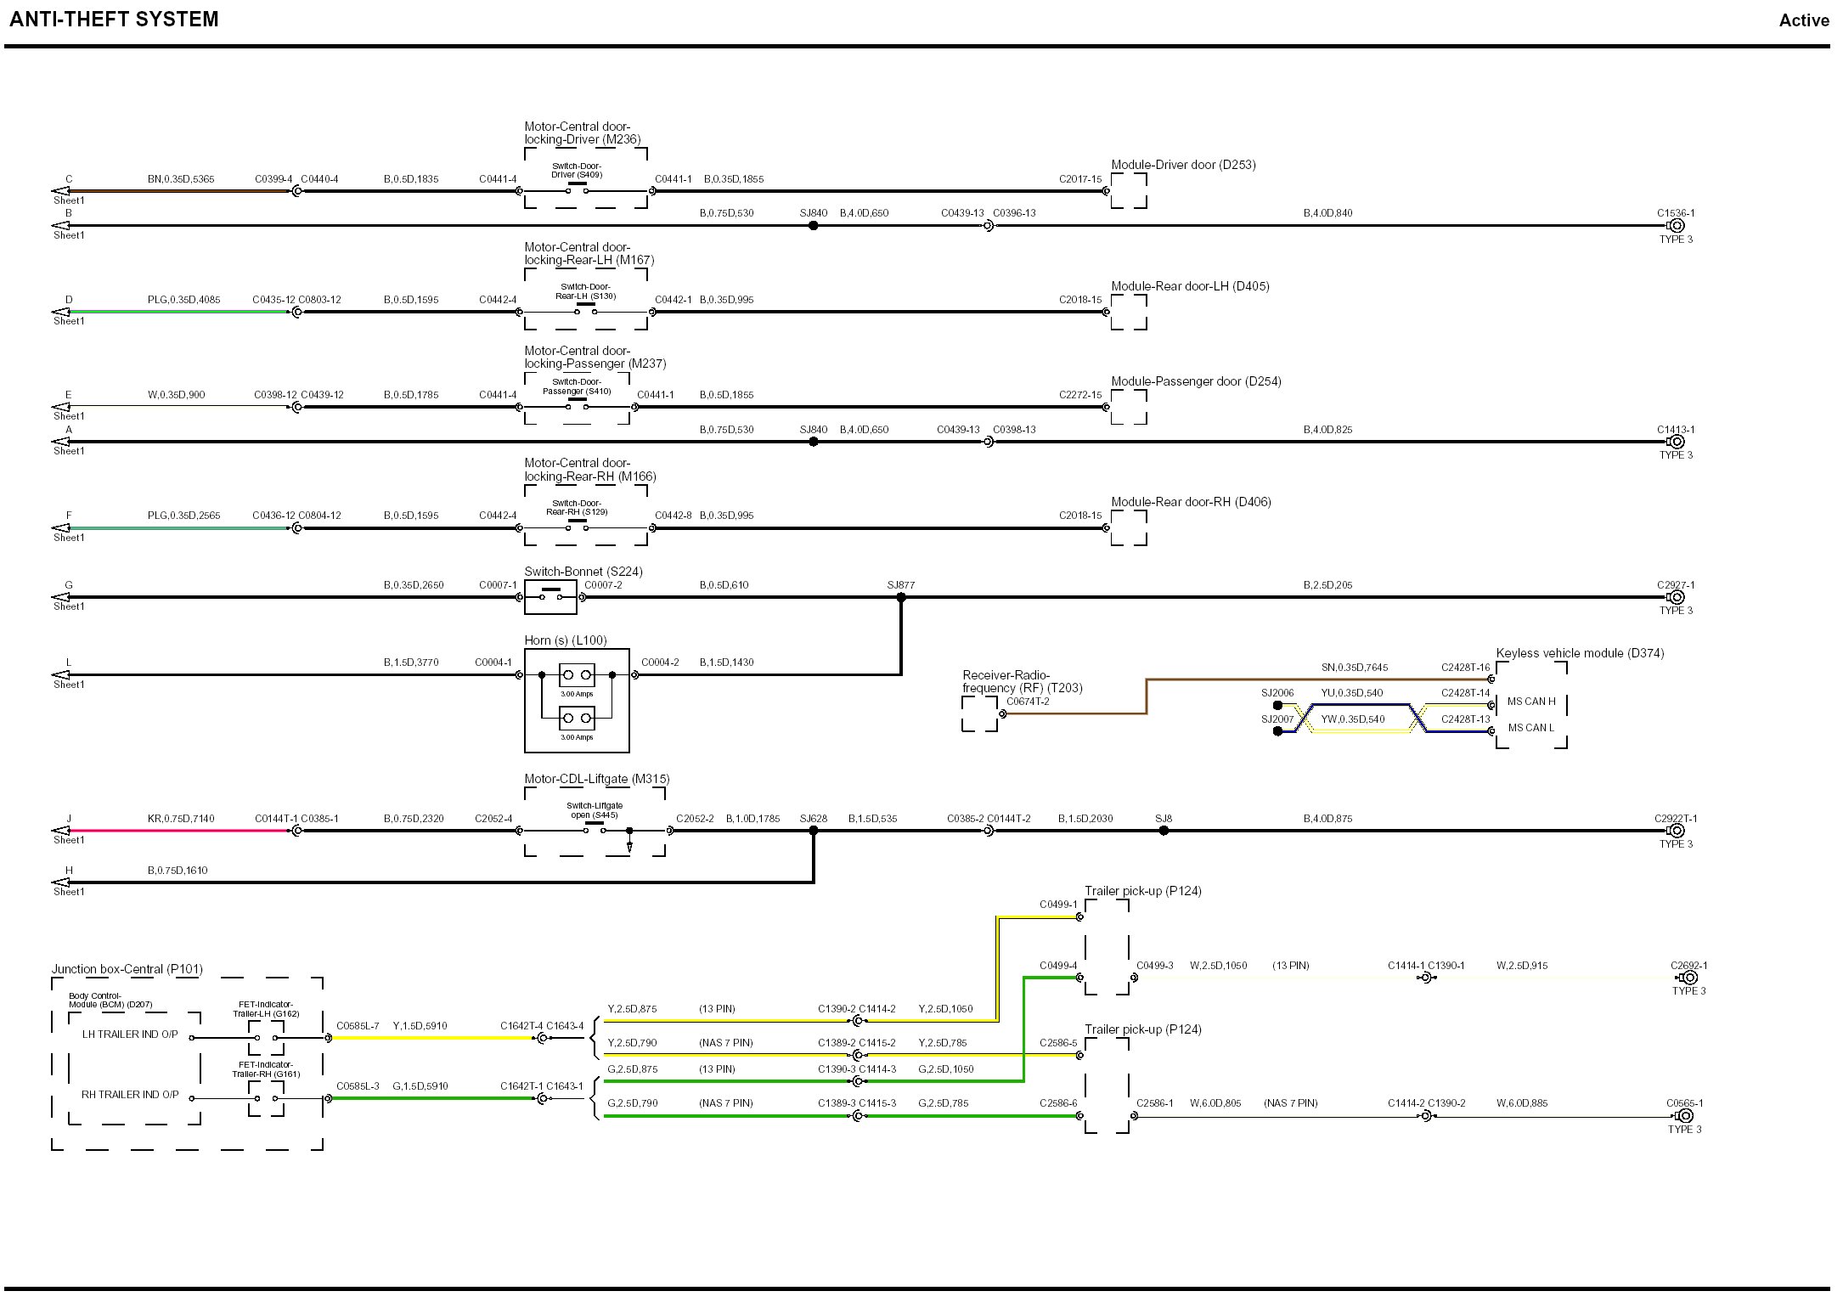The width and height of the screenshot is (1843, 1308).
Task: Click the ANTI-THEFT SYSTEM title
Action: pyautogui.click(x=114, y=20)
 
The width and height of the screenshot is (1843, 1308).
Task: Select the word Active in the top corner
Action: pyautogui.click(x=1803, y=20)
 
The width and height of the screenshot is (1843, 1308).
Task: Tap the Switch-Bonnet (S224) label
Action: pyautogui.click(x=583, y=572)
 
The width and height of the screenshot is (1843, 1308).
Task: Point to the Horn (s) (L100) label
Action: pyautogui.click(x=565, y=640)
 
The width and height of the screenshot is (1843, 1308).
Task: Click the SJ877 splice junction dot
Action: pyautogui.click(x=901, y=598)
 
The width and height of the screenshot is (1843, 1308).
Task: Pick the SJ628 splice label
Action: pyautogui.click(x=813, y=819)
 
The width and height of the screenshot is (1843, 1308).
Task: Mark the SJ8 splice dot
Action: pyautogui.click(x=1164, y=831)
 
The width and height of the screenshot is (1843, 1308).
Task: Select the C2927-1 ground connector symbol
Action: pyautogui.click(x=1677, y=597)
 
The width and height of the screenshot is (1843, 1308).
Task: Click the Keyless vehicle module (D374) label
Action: pyautogui.click(x=1579, y=653)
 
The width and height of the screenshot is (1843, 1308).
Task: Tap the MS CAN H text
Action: pyautogui.click(x=1531, y=702)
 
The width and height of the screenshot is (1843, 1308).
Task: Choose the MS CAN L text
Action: pyautogui.click(x=1530, y=728)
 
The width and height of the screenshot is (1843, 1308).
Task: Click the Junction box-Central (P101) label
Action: pyautogui.click(x=127, y=969)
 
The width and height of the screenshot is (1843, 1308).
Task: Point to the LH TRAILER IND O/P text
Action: pyautogui.click(x=130, y=1035)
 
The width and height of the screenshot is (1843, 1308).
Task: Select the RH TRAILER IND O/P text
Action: pyautogui.click(x=130, y=1095)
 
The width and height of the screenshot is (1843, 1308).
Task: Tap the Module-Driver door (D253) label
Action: pyautogui.click(x=1182, y=165)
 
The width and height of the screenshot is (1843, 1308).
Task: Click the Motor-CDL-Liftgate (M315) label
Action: pyautogui.click(x=596, y=779)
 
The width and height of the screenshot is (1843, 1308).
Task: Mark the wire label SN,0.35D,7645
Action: pyautogui.click(x=1354, y=668)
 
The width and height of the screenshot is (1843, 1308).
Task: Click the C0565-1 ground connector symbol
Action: pyautogui.click(x=1686, y=1116)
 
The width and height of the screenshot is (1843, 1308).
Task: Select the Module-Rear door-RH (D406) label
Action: pyautogui.click(x=1191, y=502)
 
